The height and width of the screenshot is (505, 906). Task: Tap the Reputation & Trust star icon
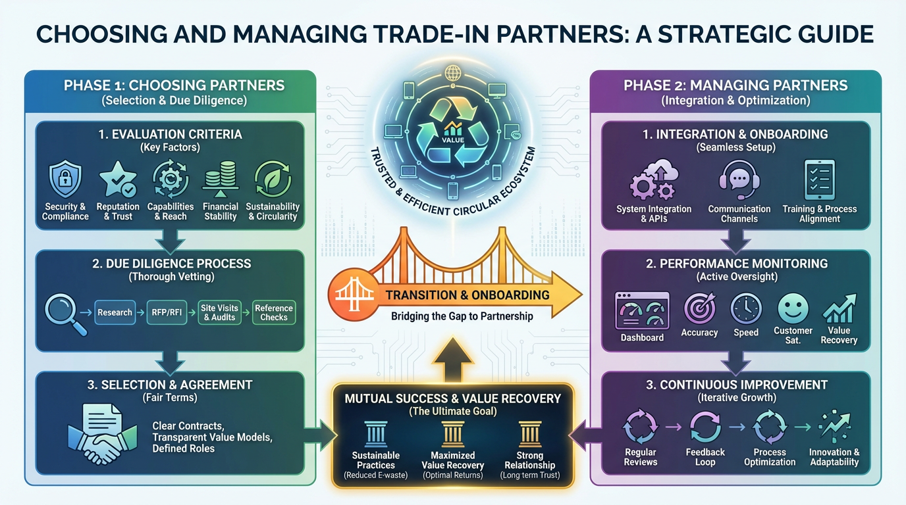(118, 180)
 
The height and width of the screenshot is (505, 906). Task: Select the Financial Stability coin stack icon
(221, 180)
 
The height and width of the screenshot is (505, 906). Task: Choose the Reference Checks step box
(274, 312)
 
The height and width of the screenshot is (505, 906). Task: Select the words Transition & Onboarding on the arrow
(467, 295)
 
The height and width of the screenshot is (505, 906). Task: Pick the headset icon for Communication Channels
(739, 180)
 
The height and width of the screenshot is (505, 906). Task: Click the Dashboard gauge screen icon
(641, 310)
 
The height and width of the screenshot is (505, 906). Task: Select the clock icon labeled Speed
(746, 308)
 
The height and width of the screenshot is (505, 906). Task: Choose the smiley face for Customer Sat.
(793, 308)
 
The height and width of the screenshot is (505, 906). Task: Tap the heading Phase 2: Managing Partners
(735, 85)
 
